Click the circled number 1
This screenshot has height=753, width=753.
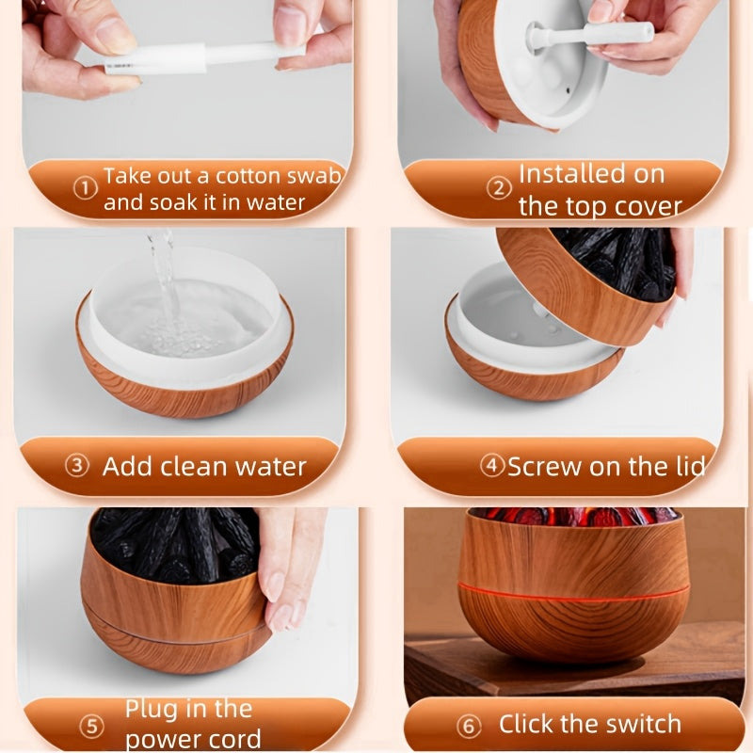click(86, 188)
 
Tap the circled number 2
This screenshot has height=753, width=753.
click(499, 188)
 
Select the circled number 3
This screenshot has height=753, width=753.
click(77, 466)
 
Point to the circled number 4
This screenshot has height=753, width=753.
click(492, 465)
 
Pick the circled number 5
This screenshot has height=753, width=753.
click(92, 726)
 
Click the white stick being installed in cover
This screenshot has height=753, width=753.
click(593, 36)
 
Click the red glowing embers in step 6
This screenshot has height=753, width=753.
click(574, 516)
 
